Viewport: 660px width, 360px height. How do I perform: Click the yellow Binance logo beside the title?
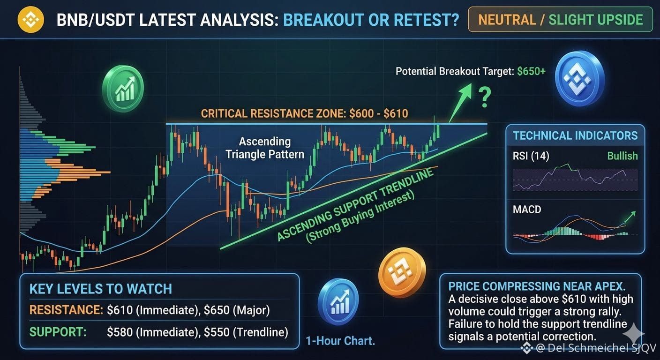click(30, 19)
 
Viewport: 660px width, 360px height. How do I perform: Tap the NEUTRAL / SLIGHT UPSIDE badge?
click(560, 19)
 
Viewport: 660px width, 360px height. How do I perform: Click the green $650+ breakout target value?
click(531, 71)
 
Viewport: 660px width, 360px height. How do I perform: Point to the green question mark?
click(485, 97)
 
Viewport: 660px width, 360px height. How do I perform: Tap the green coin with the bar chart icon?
click(123, 89)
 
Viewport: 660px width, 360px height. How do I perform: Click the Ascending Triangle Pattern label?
click(264, 148)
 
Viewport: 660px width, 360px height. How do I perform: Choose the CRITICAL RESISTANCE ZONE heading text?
click(304, 113)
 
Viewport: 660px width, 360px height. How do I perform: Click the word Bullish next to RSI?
click(622, 156)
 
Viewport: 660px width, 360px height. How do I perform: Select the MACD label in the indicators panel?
click(527, 210)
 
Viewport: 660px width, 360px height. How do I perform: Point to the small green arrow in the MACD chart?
click(630, 217)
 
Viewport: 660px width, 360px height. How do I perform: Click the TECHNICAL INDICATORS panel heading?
click(575, 135)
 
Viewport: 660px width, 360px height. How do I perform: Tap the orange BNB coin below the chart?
click(402, 273)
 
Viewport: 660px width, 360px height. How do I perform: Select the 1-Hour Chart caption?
click(340, 341)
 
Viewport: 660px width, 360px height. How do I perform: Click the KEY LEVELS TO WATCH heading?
click(100, 289)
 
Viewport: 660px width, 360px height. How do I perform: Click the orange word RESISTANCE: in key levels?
click(66, 310)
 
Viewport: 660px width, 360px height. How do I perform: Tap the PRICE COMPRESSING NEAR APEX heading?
click(537, 286)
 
